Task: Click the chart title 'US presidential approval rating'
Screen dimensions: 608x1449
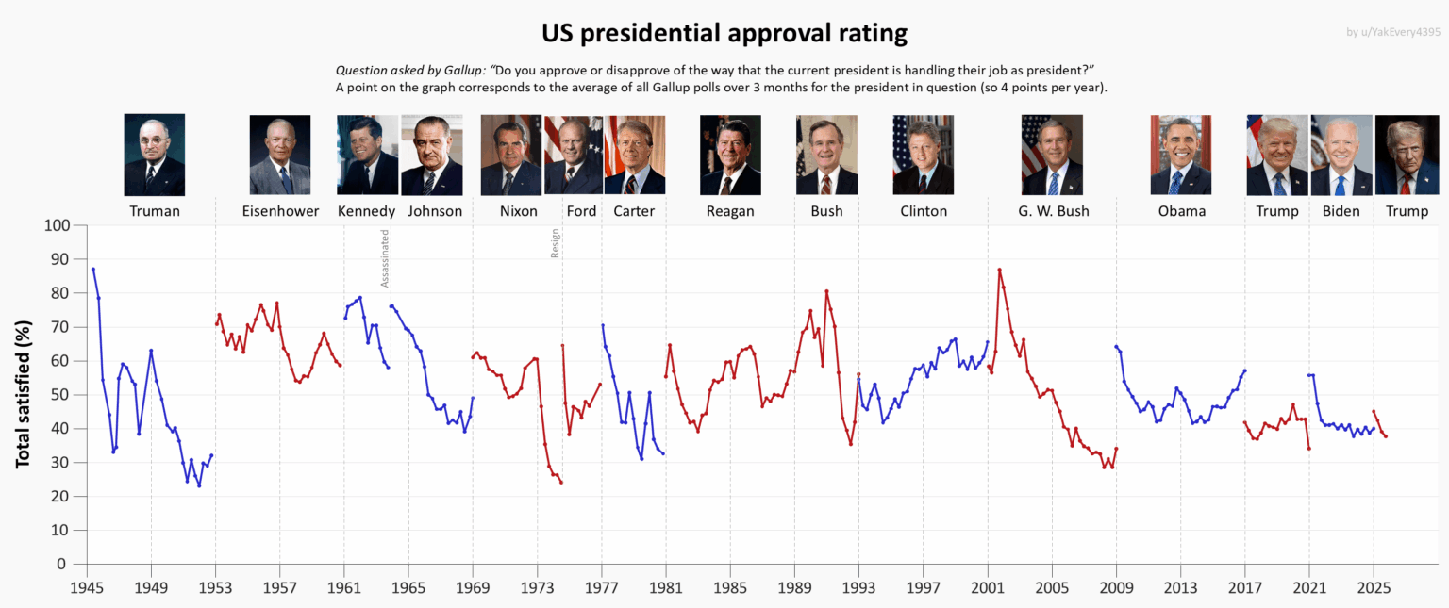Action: click(724, 34)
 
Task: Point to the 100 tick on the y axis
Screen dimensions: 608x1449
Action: click(57, 225)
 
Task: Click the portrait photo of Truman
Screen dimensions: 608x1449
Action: click(155, 155)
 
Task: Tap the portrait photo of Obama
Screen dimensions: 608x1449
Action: click(1181, 155)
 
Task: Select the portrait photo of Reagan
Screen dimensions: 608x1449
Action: click(730, 155)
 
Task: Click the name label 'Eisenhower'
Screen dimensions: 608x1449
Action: click(280, 211)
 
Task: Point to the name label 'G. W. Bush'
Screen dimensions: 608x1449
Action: click(1053, 211)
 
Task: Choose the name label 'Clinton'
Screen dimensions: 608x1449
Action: click(924, 211)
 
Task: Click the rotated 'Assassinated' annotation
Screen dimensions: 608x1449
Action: click(385, 257)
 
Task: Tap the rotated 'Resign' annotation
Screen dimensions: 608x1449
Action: click(555, 243)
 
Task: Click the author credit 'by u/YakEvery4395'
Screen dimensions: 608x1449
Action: click(1393, 33)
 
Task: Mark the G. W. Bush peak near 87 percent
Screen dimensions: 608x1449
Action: click(999, 270)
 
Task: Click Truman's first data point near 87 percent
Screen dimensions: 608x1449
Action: click(92, 270)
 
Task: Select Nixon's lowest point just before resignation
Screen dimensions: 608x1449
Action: click(561, 483)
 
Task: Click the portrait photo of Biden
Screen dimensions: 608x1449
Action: click(1341, 155)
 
